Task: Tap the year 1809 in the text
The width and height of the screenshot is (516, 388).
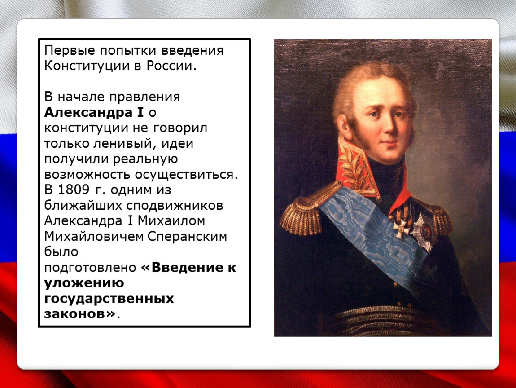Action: (x=74, y=190)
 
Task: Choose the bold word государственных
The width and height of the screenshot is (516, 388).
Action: (x=109, y=299)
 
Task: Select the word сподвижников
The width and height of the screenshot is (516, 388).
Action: (x=175, y=206)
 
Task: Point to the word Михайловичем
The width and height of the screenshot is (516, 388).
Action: (x=93, y=237)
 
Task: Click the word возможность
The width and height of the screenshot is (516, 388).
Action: (x=87, y=175)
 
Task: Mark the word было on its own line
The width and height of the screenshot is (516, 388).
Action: (x=61, y=251)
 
